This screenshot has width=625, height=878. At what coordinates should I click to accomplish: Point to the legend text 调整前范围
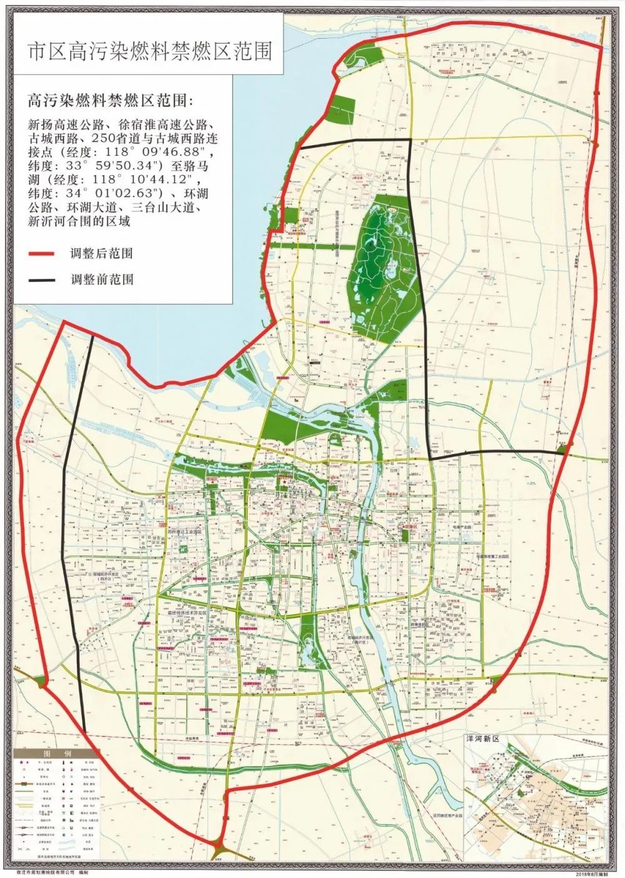pos(101,280)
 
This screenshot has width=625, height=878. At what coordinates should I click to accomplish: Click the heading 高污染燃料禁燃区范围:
pos(112,100)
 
